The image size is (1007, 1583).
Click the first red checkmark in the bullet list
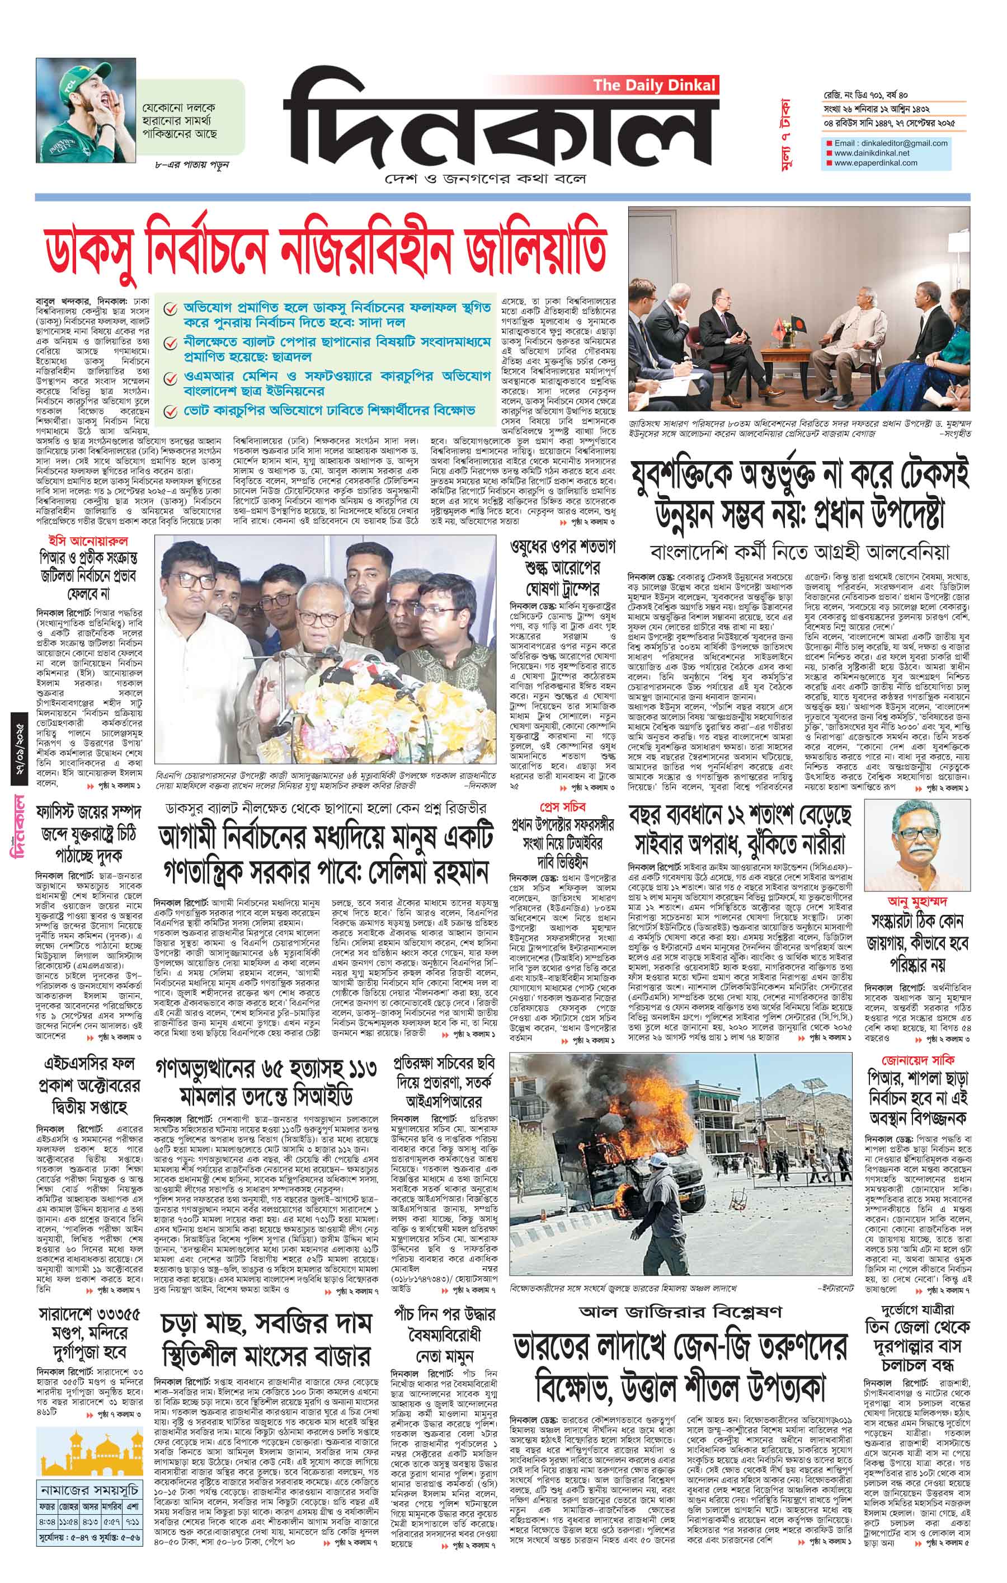pyautogui.click(x=170, y=308)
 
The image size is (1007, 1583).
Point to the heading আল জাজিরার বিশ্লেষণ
pyautogui.click(x=680, y=1293)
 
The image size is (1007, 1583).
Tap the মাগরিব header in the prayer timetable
pyautogui.click(x=110, y=1518)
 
